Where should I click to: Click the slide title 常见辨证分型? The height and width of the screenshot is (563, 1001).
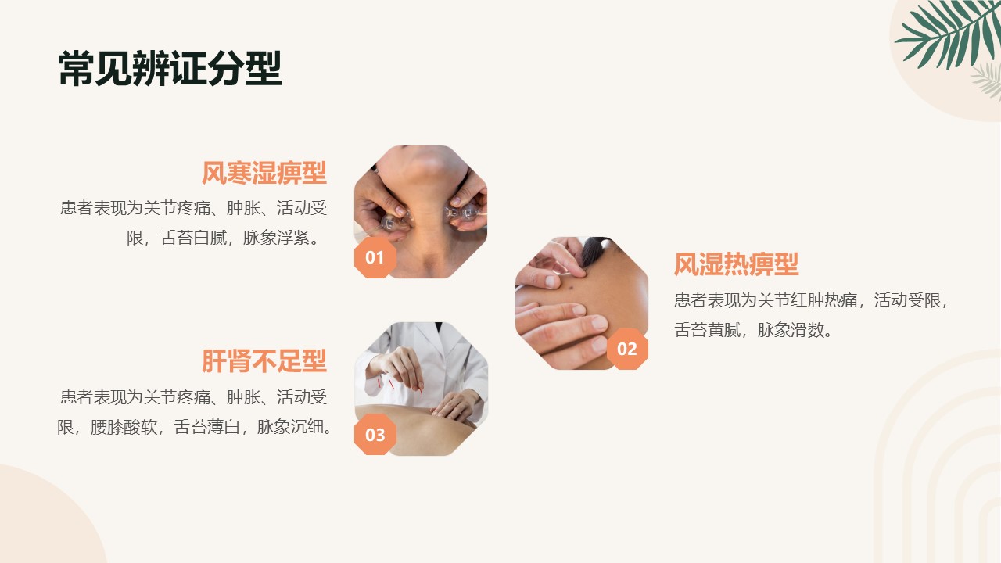click(x=170, y=68)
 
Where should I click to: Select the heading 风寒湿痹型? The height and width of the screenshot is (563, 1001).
click(x=264, y=173)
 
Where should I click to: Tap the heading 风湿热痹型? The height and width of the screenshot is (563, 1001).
click(x=736, y=264)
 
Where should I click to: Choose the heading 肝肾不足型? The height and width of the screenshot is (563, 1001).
click(x=264, y=361)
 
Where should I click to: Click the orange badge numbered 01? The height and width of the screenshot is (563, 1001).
click(x=375, y=257)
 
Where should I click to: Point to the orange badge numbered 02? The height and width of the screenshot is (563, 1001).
click(x=627, y=349)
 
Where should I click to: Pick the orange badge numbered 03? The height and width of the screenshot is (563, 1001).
click(x=375, y=434)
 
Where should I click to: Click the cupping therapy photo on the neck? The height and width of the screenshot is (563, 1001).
click(x=421, y=211)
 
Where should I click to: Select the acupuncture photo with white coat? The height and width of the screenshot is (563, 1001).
click(x=421, y=389)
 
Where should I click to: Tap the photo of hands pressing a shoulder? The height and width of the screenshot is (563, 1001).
click(x=582, y=303)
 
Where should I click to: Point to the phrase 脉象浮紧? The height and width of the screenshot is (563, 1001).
click(x=276, y=238)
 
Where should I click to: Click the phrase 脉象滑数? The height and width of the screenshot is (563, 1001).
click(x=791, y=330)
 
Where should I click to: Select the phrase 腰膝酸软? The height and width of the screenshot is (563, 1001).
click(x=124, y=427)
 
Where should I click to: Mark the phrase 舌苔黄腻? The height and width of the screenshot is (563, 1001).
click(x=708, y=330)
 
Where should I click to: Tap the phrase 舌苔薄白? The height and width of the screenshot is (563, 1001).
click(x=207, y=427)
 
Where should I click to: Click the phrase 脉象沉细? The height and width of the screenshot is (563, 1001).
click(x=290, y=427)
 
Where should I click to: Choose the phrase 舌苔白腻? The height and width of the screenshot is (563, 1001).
click(x=193, y=238)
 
